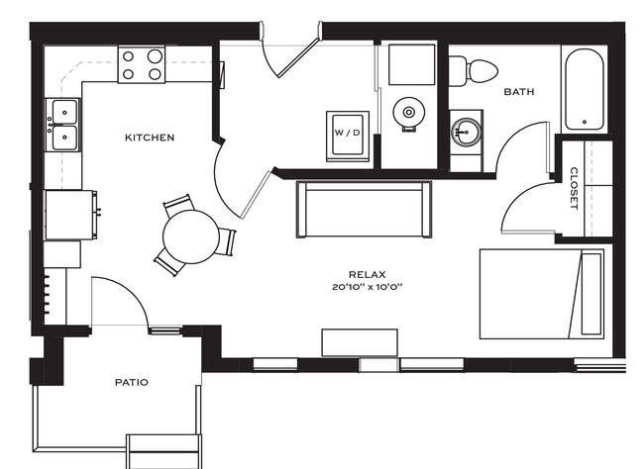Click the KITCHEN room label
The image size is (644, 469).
coord(150,138)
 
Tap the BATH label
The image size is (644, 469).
coord(519,92)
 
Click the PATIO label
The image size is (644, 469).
coord(131,382)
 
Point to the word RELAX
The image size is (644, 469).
coord(366,274)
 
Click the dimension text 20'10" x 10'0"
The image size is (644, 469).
coord(366,287)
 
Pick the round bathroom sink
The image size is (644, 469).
coord(467,130)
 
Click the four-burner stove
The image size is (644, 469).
coord(142,64)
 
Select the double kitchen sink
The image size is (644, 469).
coord(64,124)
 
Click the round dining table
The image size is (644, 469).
coord(190,236)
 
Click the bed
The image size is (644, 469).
coord(542,294)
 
